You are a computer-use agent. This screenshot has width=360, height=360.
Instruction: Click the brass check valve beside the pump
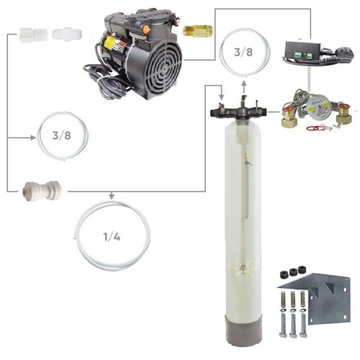tap(198, 30)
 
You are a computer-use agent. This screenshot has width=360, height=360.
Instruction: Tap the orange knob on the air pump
tap(146, 30)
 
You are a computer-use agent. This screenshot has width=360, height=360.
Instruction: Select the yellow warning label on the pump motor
tap(109, 43)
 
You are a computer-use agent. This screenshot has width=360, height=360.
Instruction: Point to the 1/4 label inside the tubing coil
tap(112, 237)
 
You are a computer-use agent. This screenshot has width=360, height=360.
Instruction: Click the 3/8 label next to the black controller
tap(243, 52)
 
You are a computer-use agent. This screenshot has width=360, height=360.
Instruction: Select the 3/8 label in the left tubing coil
tap(61, 135)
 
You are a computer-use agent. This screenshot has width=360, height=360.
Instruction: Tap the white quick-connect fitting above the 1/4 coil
tap(42, 191)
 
